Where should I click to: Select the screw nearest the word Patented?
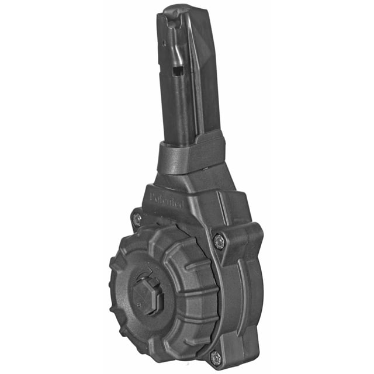click(137, 219)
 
